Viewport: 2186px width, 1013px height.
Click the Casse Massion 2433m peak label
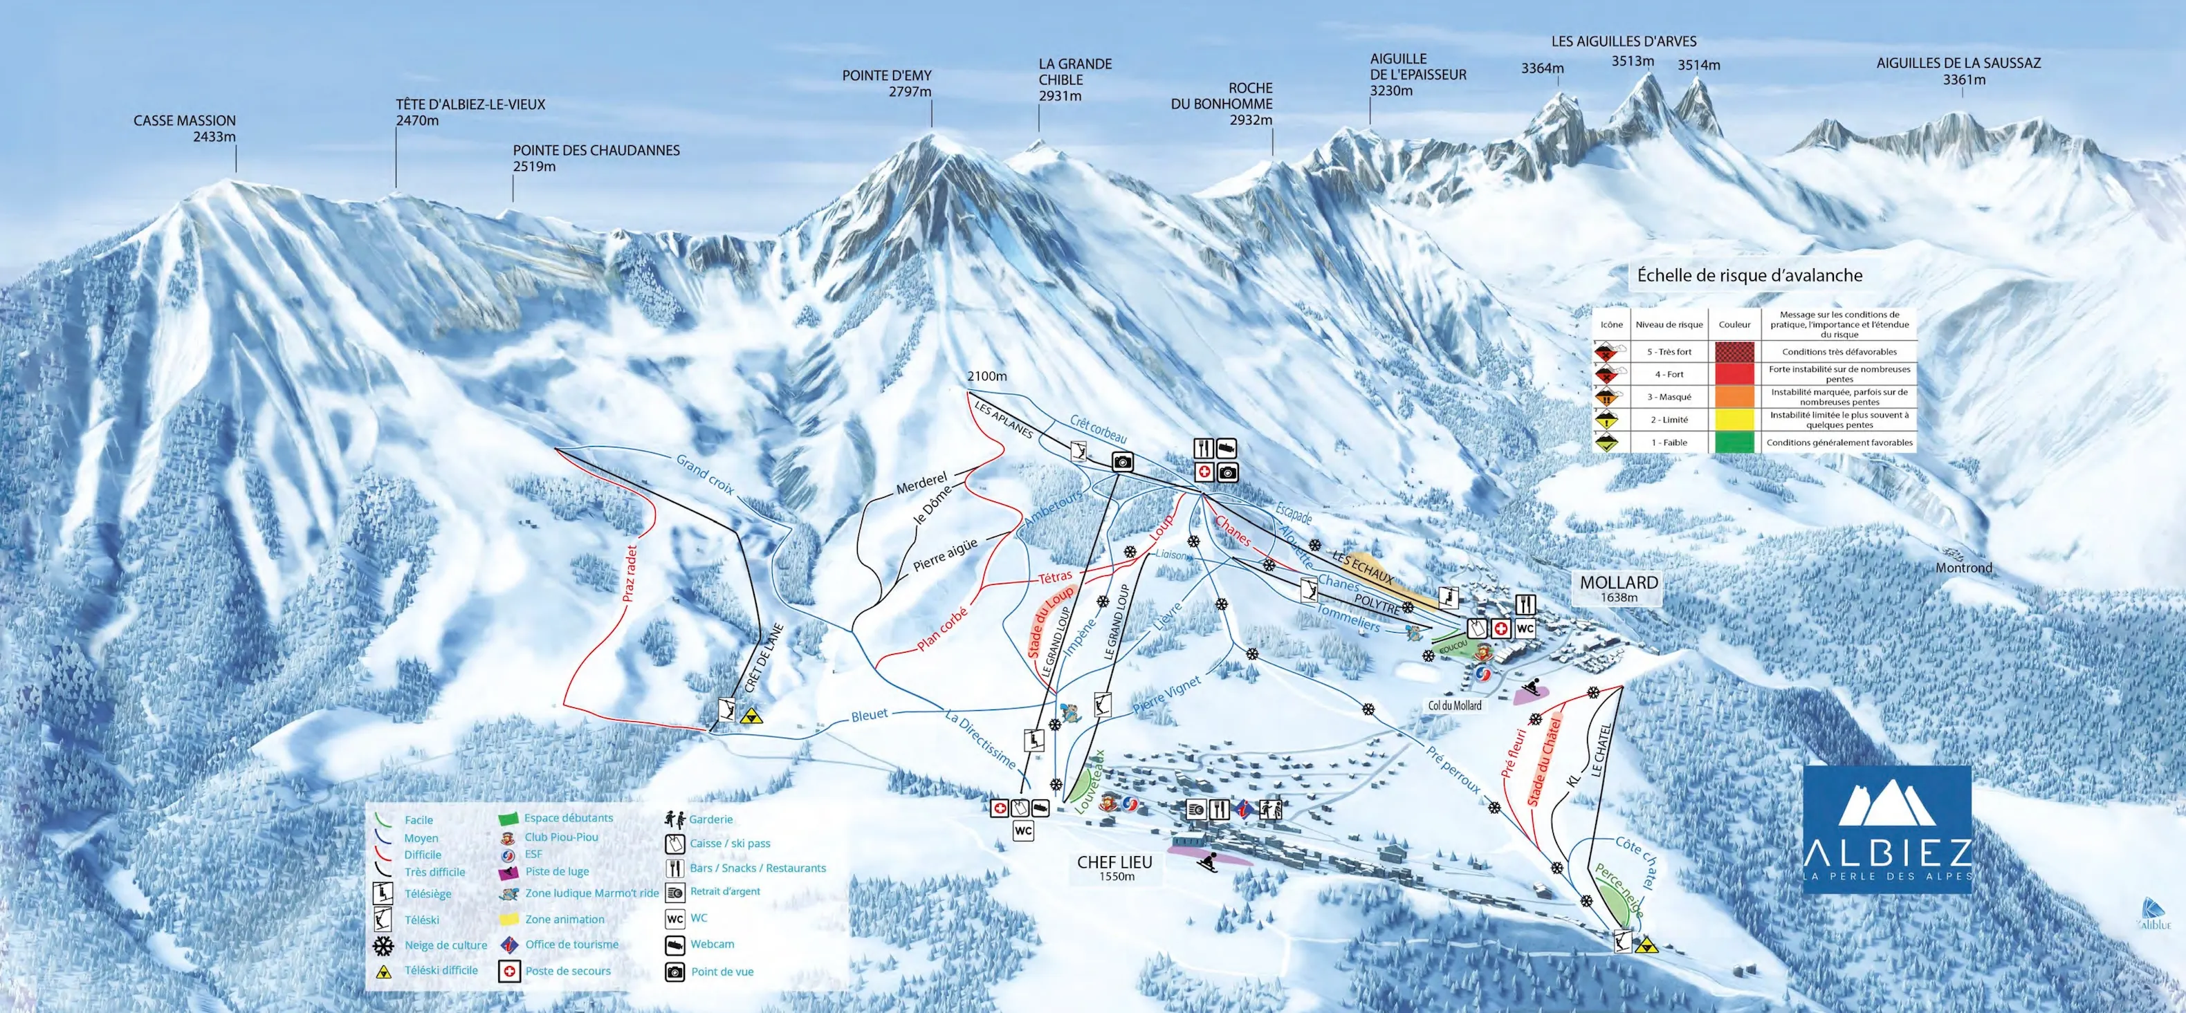pyautogui.click(x=184, y=128)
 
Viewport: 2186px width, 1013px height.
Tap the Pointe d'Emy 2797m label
pyautogui.click(x=887, y=83)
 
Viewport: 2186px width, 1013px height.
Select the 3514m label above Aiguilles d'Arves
pyautogui.click(x=1698, y=65)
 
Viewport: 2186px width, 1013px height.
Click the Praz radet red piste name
pyautogui.click(x=630, y=573)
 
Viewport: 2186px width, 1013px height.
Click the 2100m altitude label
pyautogui.click(x=987, y=376)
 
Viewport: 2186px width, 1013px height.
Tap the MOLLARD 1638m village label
pyautogui.click(x=1617, y=588)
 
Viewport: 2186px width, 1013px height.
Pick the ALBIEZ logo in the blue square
pyautogui.click(x=1886, y=826)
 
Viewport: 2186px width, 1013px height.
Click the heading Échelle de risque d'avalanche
pyautogui.click(x=1749, y=276)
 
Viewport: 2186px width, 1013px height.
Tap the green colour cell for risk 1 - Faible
pyautogui.click(x=1734, y=442)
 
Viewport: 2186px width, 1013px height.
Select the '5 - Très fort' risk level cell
pyautogui.click(x=1669, y=351)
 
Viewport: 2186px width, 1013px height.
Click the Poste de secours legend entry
pyautogui.click(x=567, y=972)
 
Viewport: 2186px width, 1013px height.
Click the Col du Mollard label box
pyautogui.click(x=1455, y=706)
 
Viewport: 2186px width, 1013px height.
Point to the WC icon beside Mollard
pyautogui.click(x=1525, y=629)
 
